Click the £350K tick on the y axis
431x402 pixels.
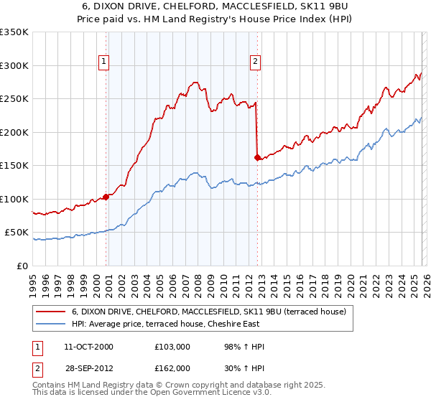pos(14,32)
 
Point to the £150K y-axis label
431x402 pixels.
pos(14,166)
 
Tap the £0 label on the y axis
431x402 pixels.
pos(22,266)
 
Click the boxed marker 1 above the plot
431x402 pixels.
pos(105,62)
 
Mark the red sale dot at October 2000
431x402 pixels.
pos(106,197)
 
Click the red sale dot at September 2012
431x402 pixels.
pos(257,157)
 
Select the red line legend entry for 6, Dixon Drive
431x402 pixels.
pos(209,312)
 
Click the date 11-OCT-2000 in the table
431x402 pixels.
pos(88,347)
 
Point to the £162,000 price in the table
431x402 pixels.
pos(172,368)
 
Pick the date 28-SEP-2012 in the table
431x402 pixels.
pos(88,368)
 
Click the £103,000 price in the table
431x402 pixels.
pos(172,347)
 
